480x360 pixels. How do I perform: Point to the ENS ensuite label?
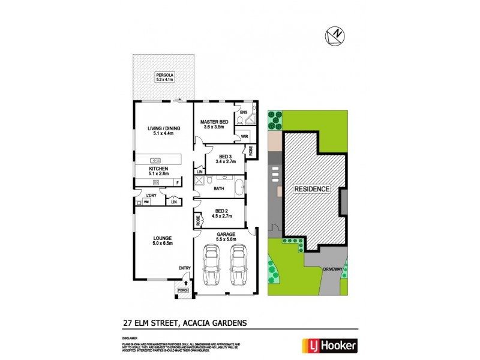pos(243,112)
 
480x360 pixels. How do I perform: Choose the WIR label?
pos(244,137)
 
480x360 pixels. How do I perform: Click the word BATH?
pos(220,189)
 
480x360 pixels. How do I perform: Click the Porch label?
pos(184,290)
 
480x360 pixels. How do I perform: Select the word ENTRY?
pos(184,268)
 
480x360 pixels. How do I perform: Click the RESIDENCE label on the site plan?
pos(311,189)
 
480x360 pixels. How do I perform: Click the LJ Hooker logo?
pos(333,346)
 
